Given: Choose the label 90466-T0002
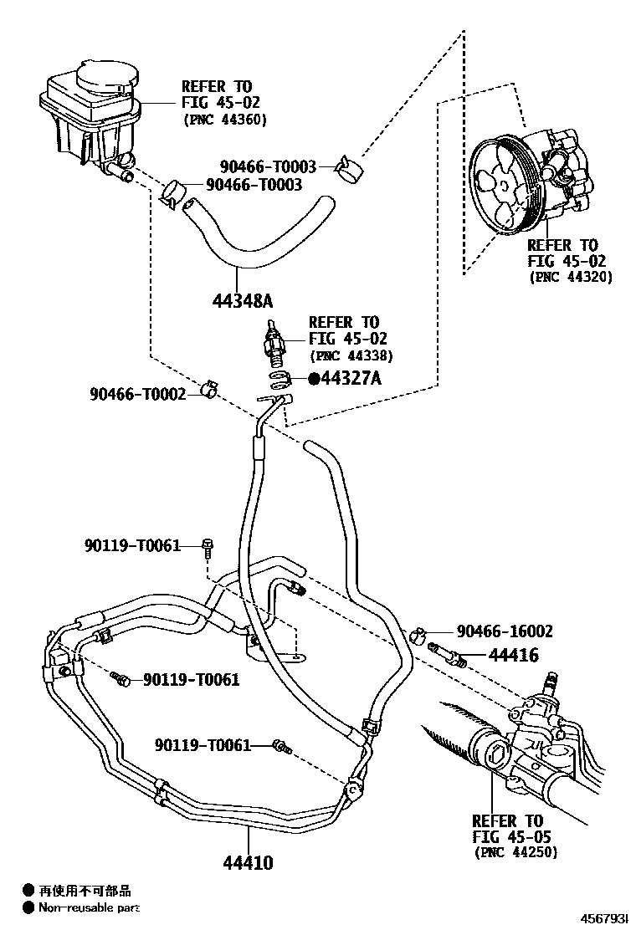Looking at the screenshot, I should coord(138,393).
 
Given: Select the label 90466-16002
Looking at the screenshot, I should coord(505,631).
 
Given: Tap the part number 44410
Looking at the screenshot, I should coord(248,862).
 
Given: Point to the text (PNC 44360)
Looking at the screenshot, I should coord(224,120).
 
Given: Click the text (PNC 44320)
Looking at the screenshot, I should coord(570,277).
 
